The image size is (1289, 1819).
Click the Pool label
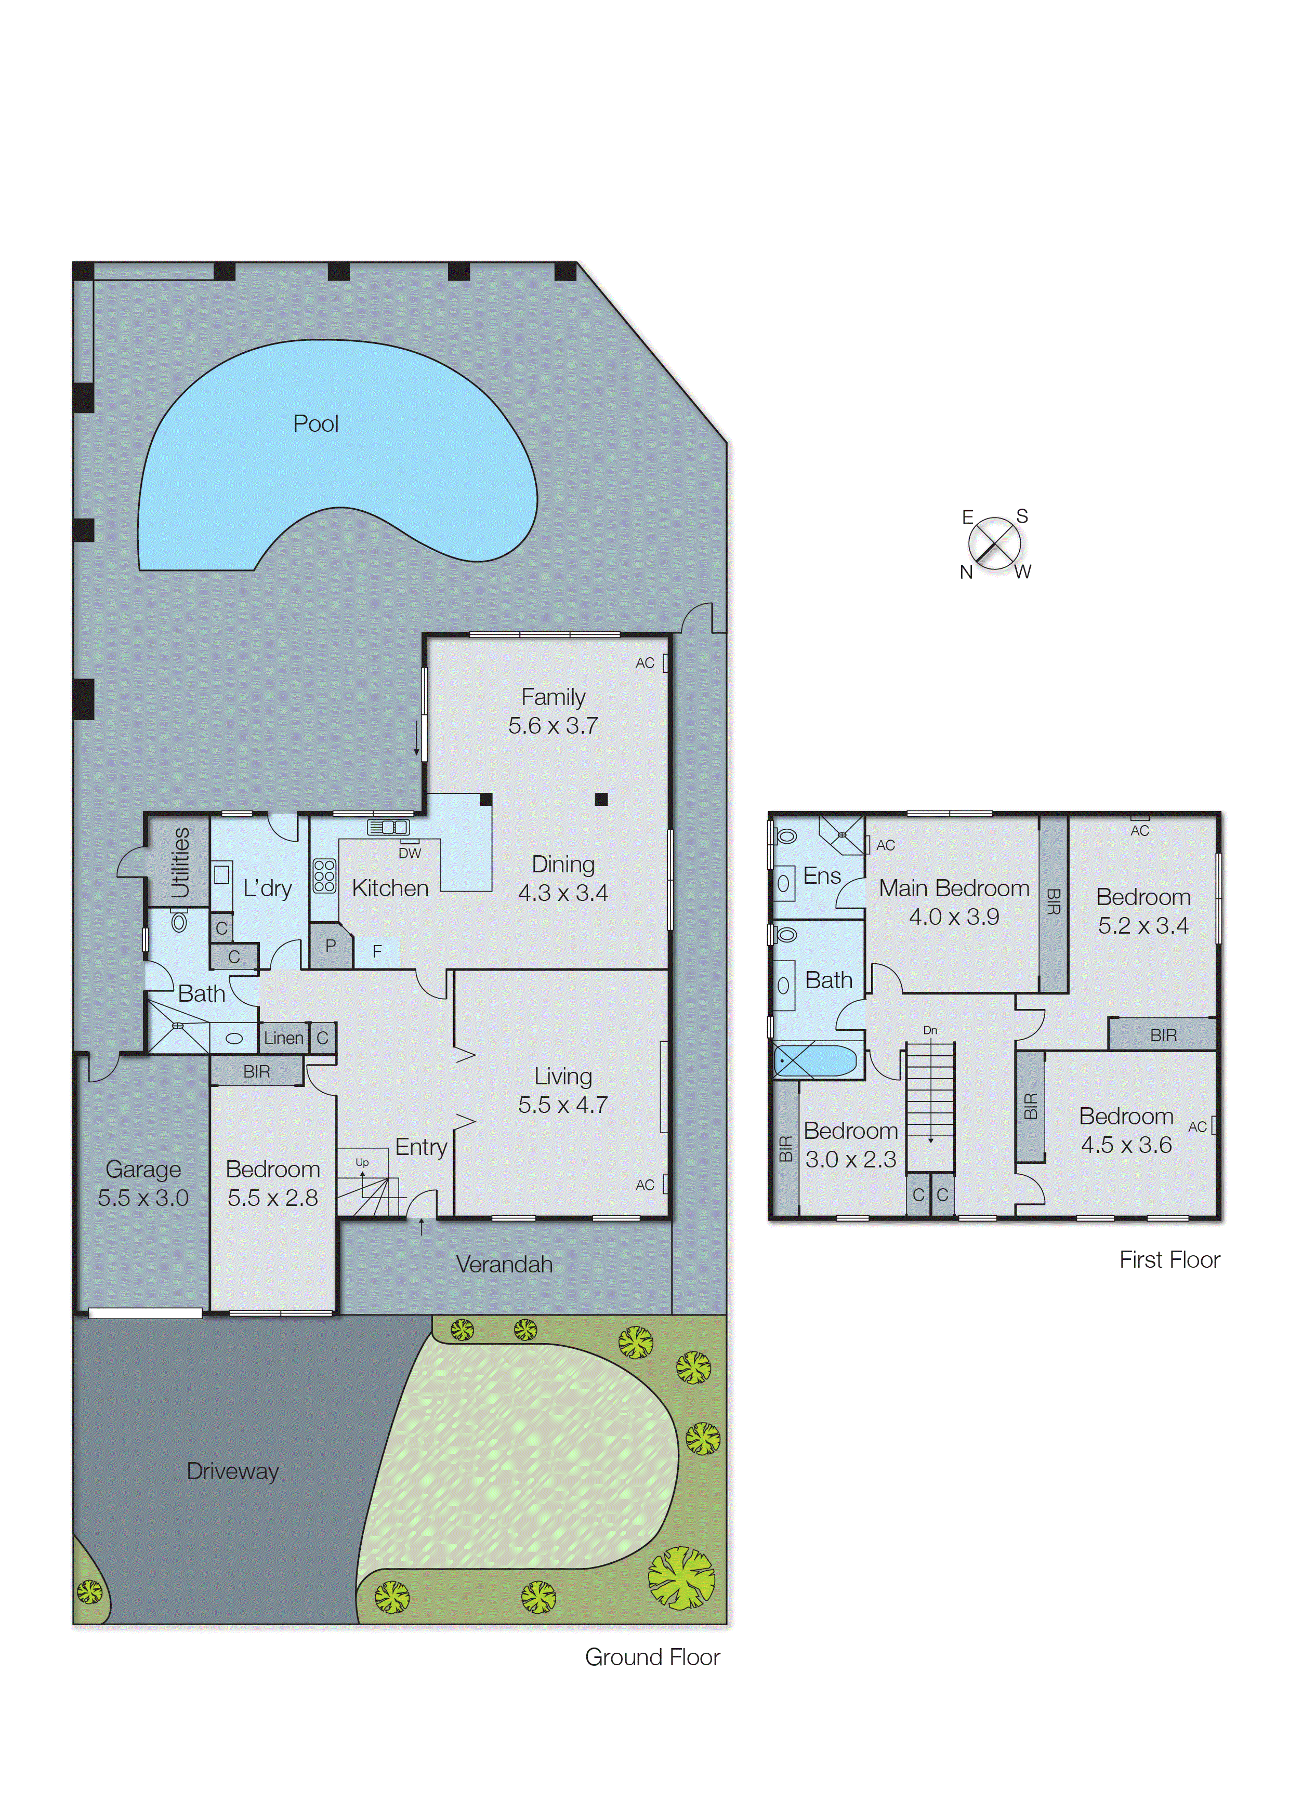point(316,423)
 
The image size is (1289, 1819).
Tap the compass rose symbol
point(994,544)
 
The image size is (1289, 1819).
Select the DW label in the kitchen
point(410,854)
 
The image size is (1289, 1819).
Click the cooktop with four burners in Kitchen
point(324,876)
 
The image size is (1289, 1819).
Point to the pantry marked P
point(330,946)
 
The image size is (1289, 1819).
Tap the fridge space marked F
point(377,951)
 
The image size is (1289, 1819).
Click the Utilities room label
point(180,862)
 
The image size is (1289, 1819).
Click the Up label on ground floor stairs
point(362,1162)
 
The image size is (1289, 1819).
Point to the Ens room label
point(822,876)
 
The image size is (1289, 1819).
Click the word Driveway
point(232,1471)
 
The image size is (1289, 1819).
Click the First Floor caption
point(1169,1260)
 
